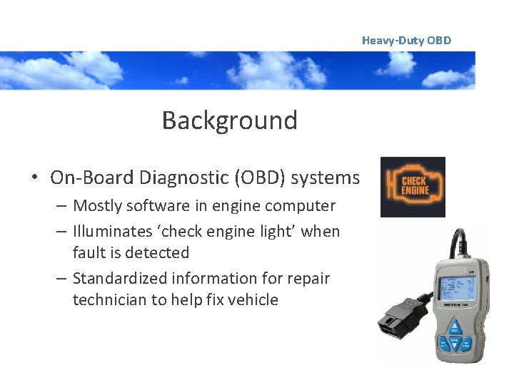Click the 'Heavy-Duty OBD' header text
pyautogui.click(x=406, y=41)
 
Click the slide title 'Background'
pyautogui.click(x=229, y=120)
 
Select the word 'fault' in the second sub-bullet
pyautogui.click(x=87, y=252)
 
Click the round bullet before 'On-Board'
pyautogui.click(x=35, y=178)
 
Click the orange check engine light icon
pyautogui.click(x=413, y=187)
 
